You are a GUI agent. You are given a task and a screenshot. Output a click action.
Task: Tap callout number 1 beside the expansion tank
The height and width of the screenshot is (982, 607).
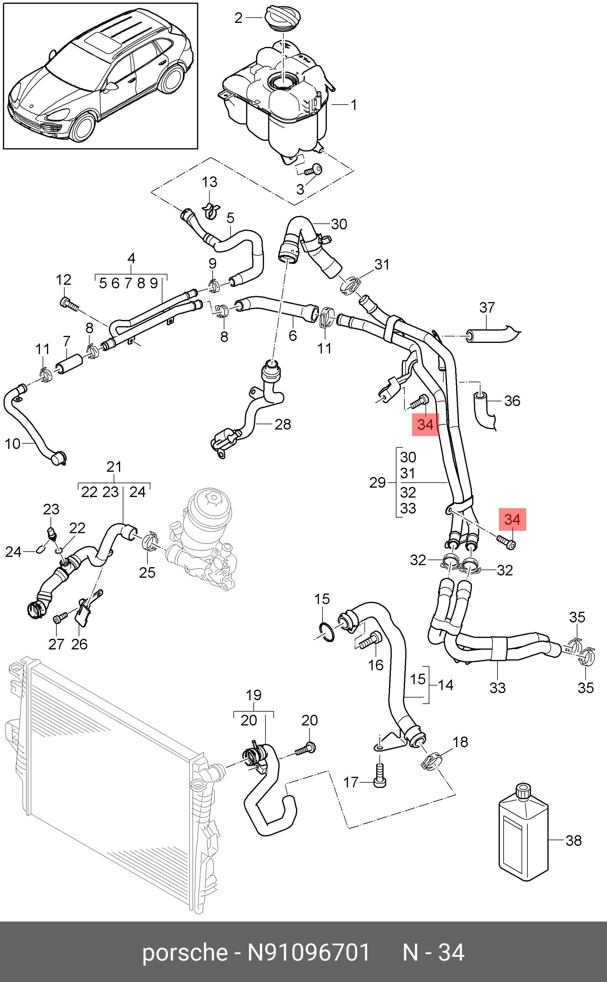[353, 105]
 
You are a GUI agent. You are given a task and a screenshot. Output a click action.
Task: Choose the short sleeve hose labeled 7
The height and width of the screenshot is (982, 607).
[69, 362]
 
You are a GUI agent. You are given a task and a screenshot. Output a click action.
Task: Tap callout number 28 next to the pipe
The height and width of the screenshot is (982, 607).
[283, 424]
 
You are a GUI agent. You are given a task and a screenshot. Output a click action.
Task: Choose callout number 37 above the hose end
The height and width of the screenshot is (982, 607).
[487, 308]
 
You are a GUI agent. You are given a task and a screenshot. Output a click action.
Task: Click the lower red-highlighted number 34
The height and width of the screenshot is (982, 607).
[512, 520]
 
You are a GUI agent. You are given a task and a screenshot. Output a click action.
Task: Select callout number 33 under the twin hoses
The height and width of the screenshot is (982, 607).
[497, 688]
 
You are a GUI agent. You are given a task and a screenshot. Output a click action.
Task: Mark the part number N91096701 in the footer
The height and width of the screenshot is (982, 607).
[308, 952]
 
